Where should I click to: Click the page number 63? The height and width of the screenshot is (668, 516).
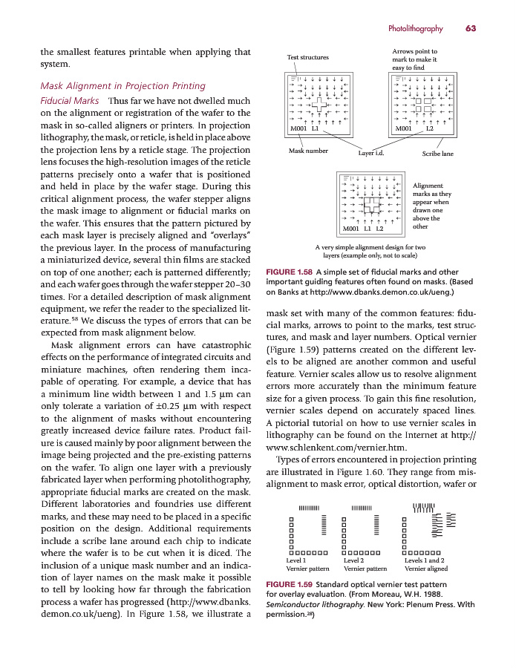tap(471, 29)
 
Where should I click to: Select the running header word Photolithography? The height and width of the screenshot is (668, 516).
tap(415, 29)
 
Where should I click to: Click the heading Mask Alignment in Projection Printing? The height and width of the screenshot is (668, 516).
tap(122, 86)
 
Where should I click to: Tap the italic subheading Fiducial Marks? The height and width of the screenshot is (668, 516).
tap(69, 100)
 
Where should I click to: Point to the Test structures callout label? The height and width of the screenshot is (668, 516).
tap(307, 57)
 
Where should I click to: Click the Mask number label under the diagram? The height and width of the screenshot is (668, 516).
tap(307, 151)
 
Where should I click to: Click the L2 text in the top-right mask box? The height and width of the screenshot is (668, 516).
tap(429, 128)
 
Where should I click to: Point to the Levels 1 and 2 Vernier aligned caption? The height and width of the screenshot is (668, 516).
tap(425, 564)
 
